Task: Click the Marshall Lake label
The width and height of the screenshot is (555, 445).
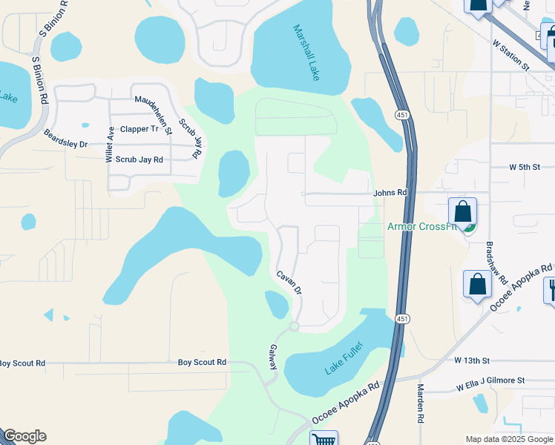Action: click(x=306, y=53)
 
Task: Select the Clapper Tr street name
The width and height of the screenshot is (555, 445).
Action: click(x=139, y=128)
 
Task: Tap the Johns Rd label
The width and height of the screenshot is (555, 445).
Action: click(x=390, y=193)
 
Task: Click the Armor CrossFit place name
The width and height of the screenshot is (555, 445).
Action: click(x=421, y=226)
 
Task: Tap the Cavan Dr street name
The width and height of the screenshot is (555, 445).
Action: click(x=289, y=282)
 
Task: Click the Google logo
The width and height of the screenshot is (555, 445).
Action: click(x=24, y=436)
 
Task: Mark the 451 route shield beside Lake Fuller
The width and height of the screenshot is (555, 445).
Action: click(x=401, y=319)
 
